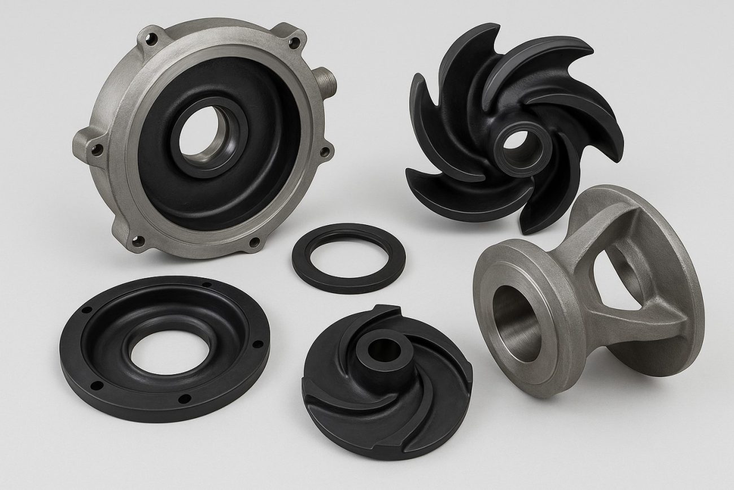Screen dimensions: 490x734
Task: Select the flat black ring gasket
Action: pyautogui.click(x=348, y=258)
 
